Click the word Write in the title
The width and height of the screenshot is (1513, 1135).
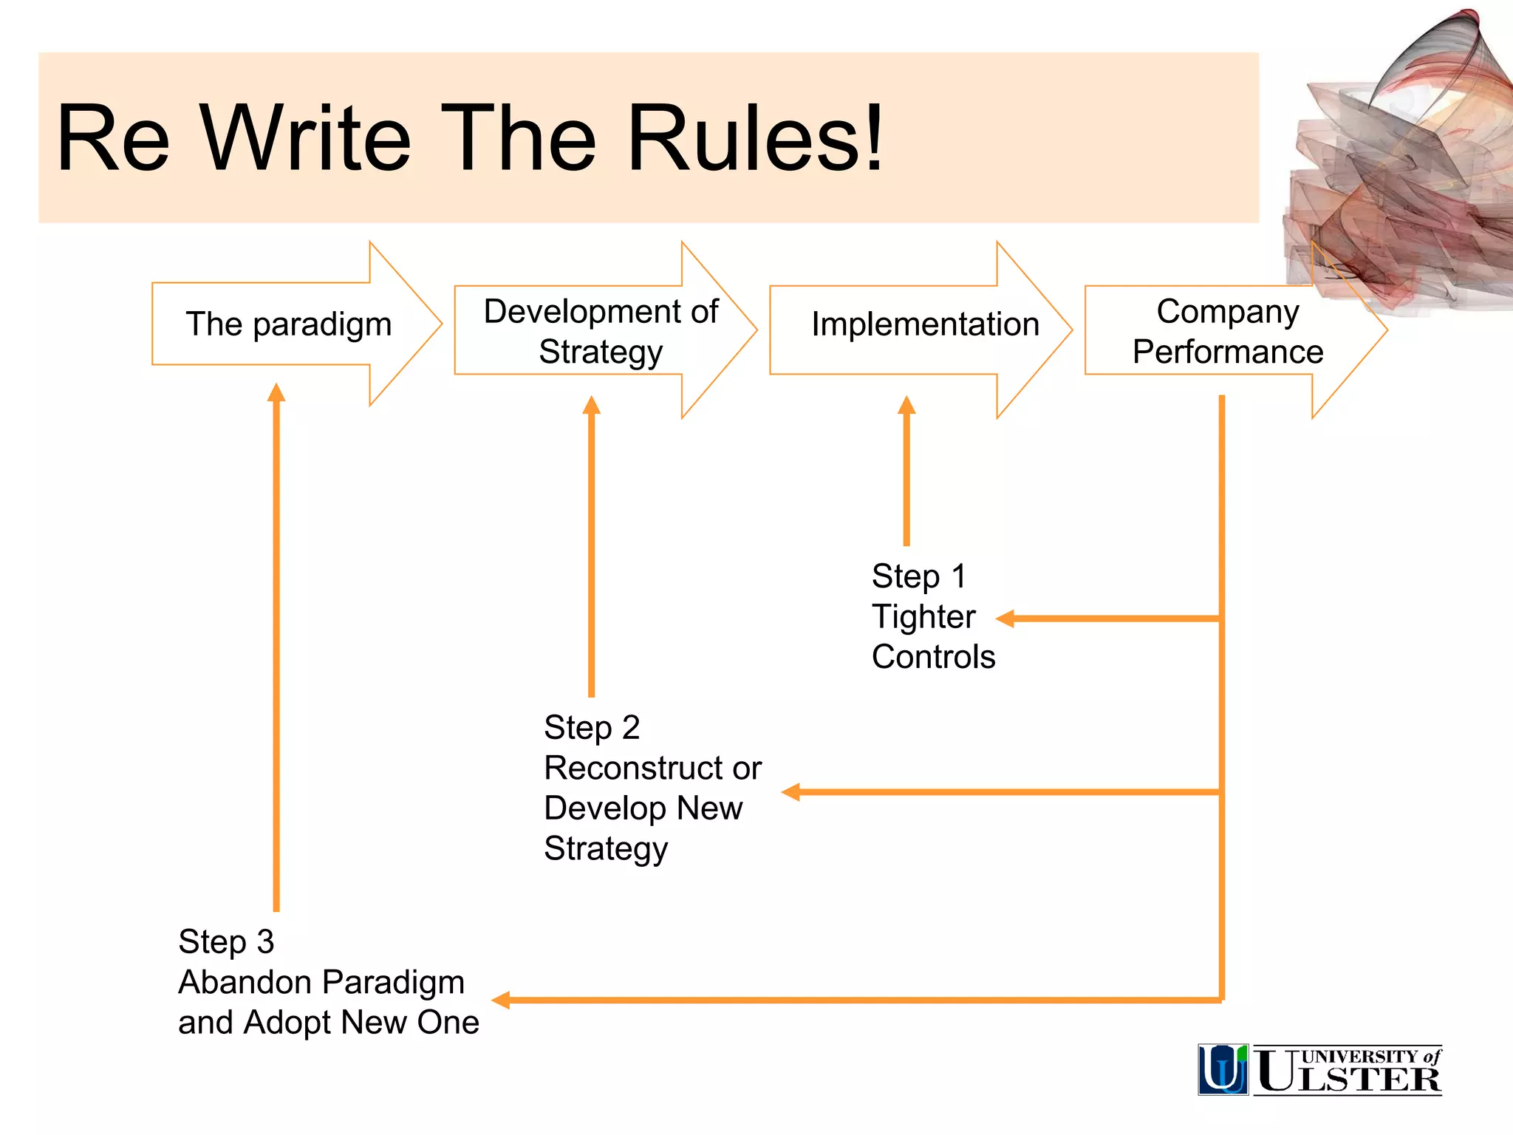point(306,139)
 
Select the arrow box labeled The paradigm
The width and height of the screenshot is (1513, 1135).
point(288,324)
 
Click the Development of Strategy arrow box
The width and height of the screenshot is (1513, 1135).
point(600,331)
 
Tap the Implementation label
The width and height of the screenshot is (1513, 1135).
point(925,324)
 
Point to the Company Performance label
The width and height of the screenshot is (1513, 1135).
point(1227,331)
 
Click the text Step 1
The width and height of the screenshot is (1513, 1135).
point(918,576)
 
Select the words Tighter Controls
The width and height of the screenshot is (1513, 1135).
point(932,637)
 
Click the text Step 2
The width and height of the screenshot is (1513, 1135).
point(591,728)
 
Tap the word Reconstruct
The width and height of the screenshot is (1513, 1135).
point(634,768)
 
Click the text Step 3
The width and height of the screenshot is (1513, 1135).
point(226,942)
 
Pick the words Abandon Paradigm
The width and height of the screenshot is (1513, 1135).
point(321,983)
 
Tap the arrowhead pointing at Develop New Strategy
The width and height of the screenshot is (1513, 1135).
point(791,792)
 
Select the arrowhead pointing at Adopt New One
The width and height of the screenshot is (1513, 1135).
point(502,1001)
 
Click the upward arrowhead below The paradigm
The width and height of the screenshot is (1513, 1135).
point(276,392)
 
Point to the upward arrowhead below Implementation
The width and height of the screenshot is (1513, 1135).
point(906,405)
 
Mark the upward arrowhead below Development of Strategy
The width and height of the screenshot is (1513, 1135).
point(591,405)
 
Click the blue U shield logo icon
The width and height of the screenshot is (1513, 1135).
point(1223,1069)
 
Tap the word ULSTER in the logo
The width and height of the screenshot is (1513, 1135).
point(1348,1077)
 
